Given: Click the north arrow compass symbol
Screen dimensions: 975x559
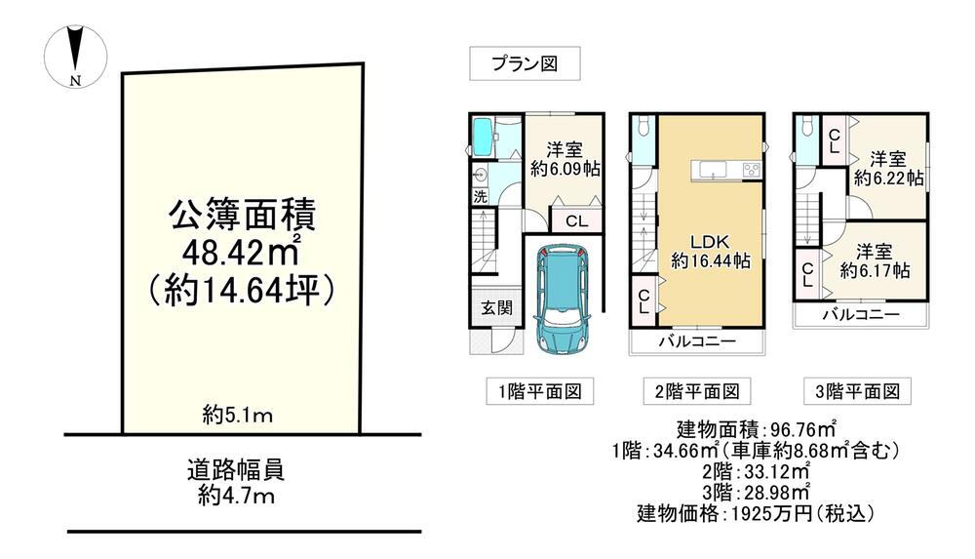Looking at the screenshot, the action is pyautogui.click(x=75, y=56).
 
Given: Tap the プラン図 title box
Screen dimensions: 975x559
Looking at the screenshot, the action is pyautogui.click(x=525, y=63).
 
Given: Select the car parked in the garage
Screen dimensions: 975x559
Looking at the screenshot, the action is pyautogui.click(x=563, y=299).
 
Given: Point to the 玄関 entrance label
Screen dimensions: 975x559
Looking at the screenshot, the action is pyautogui.click(x=496, y=307).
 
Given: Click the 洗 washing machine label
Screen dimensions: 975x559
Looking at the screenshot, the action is pyautogui.click(x=480, y=197).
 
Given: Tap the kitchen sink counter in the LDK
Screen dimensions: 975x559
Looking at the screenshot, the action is pyautogui.click(x=726, y=170).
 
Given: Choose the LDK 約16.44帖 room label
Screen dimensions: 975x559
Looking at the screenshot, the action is pyautogui.click(x=710, y=251).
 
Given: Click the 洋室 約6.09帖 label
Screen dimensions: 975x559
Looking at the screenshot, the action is pyautogui.click(x=565, y=159).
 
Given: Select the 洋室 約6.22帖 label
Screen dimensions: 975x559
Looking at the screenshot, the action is pyautogui.click(x=888, y=168).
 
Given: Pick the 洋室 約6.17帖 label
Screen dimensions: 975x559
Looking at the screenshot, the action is pyautogui.click(x=875, y=260).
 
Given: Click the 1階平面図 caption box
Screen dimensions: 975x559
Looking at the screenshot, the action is pyautogui.click(x=540, y=391).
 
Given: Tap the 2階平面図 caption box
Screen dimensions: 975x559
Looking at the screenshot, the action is pyautogui.click(x=697, y=391).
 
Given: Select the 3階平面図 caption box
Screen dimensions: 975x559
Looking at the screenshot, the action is pyautogui.click(x=857, y=391).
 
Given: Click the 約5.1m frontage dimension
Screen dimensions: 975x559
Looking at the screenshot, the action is pyautogui.click(x=238, y=416).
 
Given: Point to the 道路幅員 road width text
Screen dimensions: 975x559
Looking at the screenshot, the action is pyautogui.click(x=236, y=469).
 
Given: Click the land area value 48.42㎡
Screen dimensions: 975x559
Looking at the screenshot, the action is pyautogui.click(x=241, y=251).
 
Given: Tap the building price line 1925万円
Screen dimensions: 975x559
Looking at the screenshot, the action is pyautogui.click(x=756, y=513).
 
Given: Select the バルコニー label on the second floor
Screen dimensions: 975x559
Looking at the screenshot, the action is pyautogui.click(x=697, y=340).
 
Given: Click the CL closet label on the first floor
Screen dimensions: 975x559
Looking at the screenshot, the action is pyautogui.click(x=576, y=221).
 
